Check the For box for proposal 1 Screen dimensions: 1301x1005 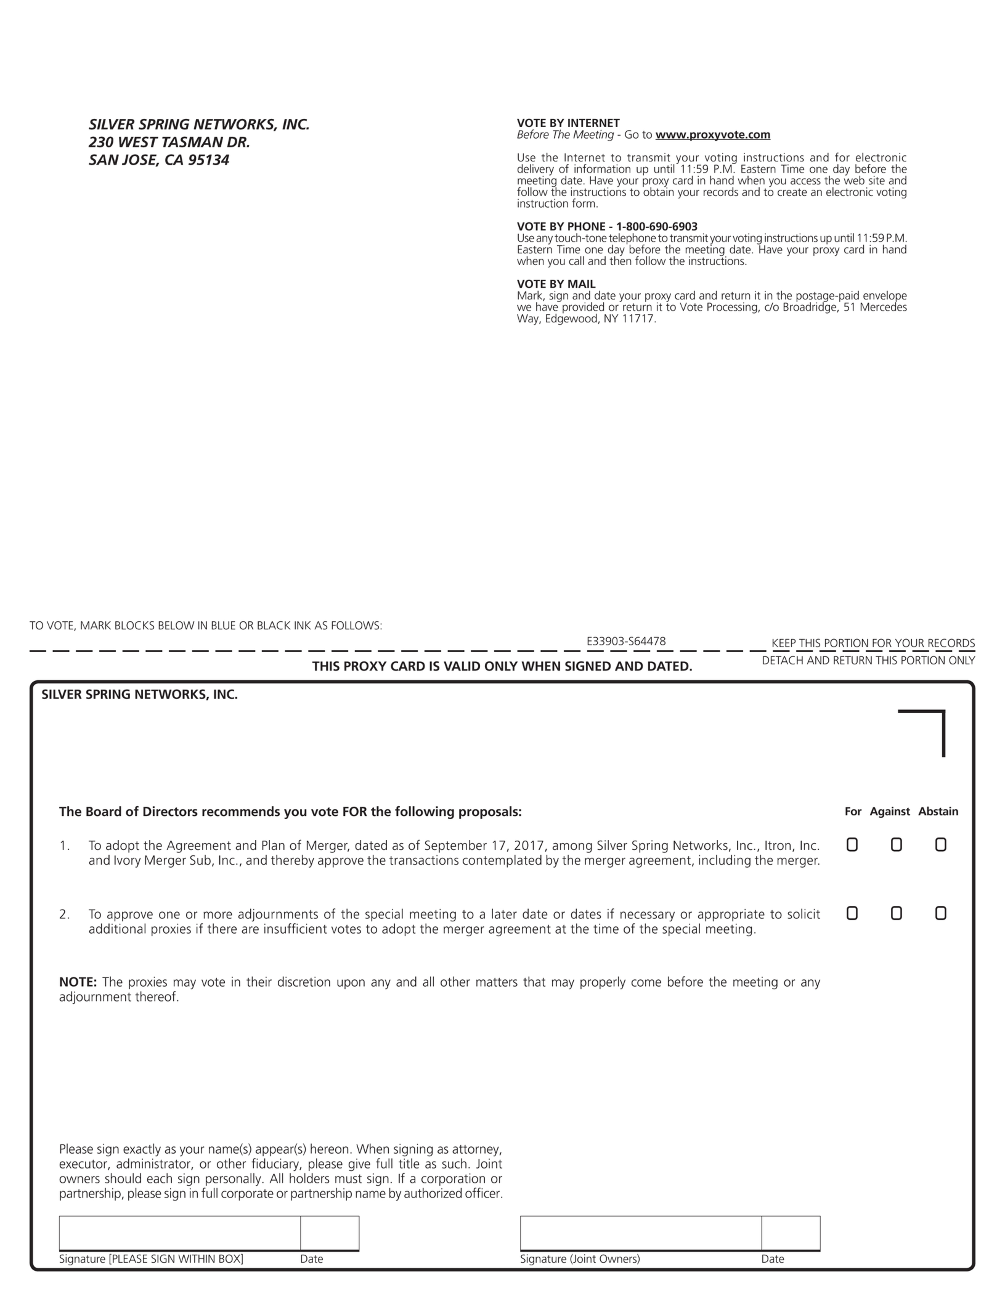coord(852,845)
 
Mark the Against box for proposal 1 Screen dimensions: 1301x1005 coord(896,845)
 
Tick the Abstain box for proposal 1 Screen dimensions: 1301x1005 coord(940,845)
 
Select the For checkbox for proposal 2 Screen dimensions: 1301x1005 coord(852,913)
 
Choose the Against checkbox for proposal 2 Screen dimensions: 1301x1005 coord(896,913)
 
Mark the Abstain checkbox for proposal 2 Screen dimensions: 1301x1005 coord(940,913)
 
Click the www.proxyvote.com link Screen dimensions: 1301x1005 coord(713,135)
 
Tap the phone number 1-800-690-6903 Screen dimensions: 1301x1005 coord(657,226)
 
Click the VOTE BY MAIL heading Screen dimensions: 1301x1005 coord(556,284)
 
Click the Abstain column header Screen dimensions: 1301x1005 coord(938,811)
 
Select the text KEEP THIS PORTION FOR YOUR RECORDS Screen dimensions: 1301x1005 coord(873,643)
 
